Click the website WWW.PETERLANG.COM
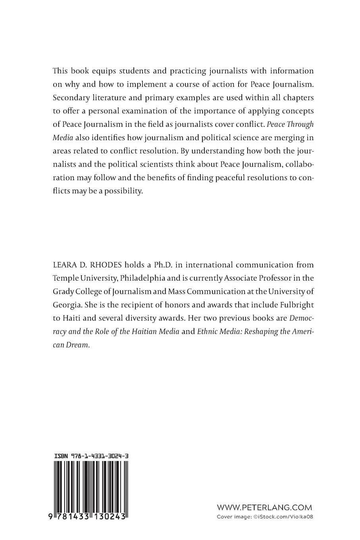(x=264, y=507)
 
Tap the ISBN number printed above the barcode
(x=91, y=457)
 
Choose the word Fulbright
(x=293, y=304)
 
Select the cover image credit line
(x=265, y=517)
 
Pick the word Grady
(x=63, y=291)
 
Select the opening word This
(x=60, y=71)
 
